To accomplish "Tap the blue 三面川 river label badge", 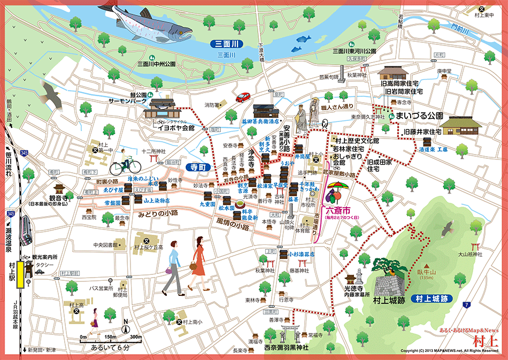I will point(227,44).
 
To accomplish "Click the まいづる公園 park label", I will point(424,116).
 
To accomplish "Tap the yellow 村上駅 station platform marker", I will point(20,273).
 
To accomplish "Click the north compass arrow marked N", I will point(125,327).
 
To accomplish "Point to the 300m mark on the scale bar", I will point(136,338).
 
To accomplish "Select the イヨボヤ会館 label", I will point(176,128).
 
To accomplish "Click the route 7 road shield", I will point(467,304).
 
